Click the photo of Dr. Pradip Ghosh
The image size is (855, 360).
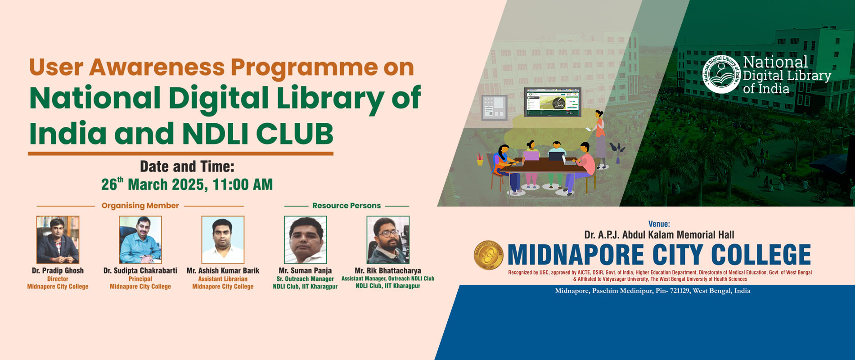click(x=58, y=239)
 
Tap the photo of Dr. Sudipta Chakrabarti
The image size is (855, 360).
click(x=140, y=239)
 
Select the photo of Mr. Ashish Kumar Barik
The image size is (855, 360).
click(x=223, y=239)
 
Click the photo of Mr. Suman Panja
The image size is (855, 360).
click(x=305, y=239)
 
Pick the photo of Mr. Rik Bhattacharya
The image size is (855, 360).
click(x=388, y=239)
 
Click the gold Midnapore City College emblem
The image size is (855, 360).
click(x=489, y=255)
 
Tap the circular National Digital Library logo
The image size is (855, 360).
click(x=721, y=74)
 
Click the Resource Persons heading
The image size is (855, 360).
click(x=346, y=206)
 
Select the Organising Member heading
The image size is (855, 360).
click(x=140, y=206)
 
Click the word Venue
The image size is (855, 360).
click(x=659, y=224)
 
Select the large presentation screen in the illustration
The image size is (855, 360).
click(x=553, y=102)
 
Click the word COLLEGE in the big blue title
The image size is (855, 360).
click(x=760, y=255)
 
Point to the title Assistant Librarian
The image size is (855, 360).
click(x=223, y=279)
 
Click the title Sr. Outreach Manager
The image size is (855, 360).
click(x=305, y=279)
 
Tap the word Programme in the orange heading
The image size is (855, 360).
click(x=304, y=67)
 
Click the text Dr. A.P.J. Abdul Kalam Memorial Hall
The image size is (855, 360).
click(x=659, y=235)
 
